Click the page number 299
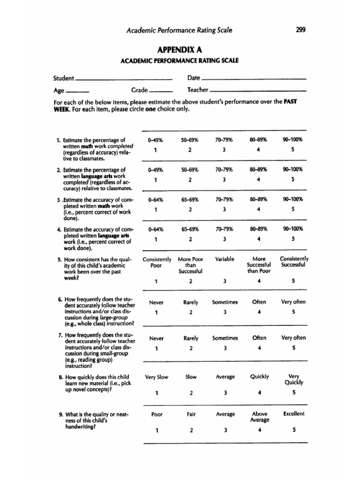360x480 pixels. (x=301, y=30)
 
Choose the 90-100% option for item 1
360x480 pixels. (x=293, y=139)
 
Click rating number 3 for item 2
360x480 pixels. (x=225, y=179)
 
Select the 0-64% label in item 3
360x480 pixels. (x=155, y=199)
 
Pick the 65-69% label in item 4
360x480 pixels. (x=190, y=229)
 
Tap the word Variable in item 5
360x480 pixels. (x=225, y=259)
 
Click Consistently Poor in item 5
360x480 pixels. (x=156, y=262)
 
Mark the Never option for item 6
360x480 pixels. (x=156, y=302)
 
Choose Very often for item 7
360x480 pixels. (x=293, y=337)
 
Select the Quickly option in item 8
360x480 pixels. (x=259, y=376)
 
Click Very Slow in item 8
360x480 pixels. (x=156, y=376)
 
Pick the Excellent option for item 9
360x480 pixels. (x=294, y=413)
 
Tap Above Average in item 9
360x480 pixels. (x=260, y=417)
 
